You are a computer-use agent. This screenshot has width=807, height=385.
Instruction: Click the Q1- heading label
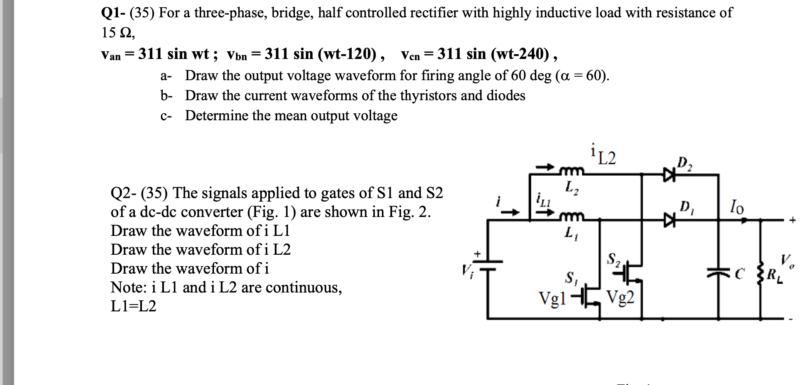coord(113,13)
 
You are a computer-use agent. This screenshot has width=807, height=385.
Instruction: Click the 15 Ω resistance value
coord(118,33)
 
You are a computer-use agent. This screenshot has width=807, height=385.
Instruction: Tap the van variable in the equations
coord(111,55)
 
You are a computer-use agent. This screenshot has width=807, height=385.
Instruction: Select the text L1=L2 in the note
coord(133,307)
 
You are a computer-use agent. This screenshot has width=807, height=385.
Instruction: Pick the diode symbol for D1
coord(669,220)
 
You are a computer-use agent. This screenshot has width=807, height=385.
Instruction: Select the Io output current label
coord(737,208)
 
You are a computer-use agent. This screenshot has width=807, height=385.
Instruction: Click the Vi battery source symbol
coord(487,266)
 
